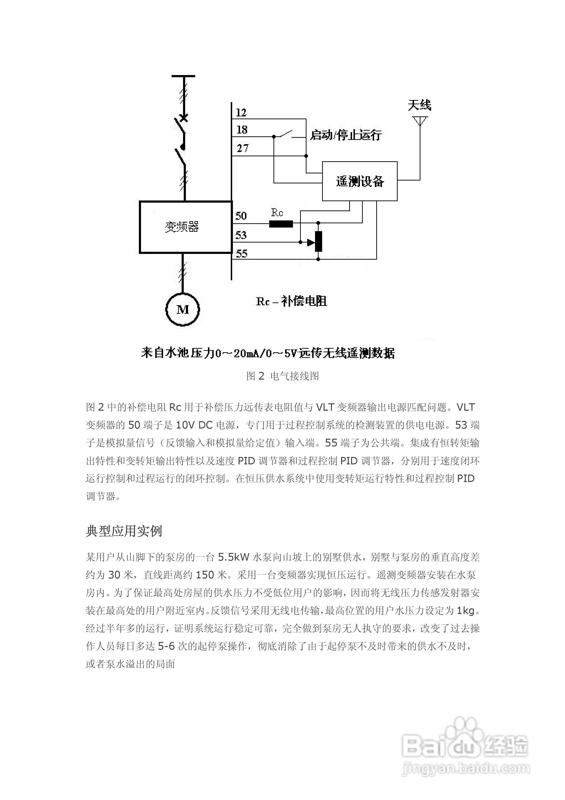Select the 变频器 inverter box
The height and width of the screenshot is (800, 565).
[x=185, y=227]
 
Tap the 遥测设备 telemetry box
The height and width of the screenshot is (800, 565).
[x=359, y=181]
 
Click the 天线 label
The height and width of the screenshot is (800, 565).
[x=419, y=105]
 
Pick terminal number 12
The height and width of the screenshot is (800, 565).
[x=241, y=113]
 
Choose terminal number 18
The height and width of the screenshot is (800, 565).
[x=242, y=130]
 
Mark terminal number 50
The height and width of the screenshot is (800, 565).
[x=241, y=216]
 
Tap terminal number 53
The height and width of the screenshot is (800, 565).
[x=241, y=235]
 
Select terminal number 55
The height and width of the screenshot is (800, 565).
[x=241, y=253]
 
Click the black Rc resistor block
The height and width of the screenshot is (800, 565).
[x=281, y=224]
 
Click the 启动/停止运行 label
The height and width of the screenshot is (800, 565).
[x=346, y=135]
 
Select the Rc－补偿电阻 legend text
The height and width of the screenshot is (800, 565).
[x=292, y=301]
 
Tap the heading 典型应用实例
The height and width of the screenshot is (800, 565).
[x=124, y=531]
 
